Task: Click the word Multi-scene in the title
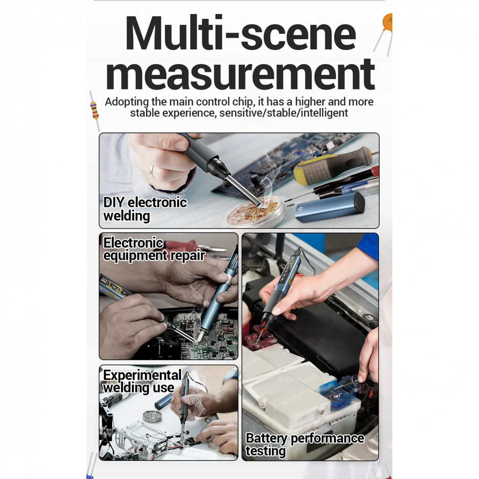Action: coord(241,33)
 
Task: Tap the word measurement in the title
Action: coord(240,74)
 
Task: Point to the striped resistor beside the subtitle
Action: coord(94,110)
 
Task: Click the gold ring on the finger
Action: coord(152,171)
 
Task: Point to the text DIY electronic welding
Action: coord(145,209)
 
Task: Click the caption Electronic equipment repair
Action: coord(154,249)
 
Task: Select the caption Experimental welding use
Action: coord(142,382)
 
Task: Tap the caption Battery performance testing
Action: coord(305,445)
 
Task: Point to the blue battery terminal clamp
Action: coord(342,391)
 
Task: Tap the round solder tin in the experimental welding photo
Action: coord(152,415)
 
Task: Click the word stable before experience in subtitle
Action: coord(145,113)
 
